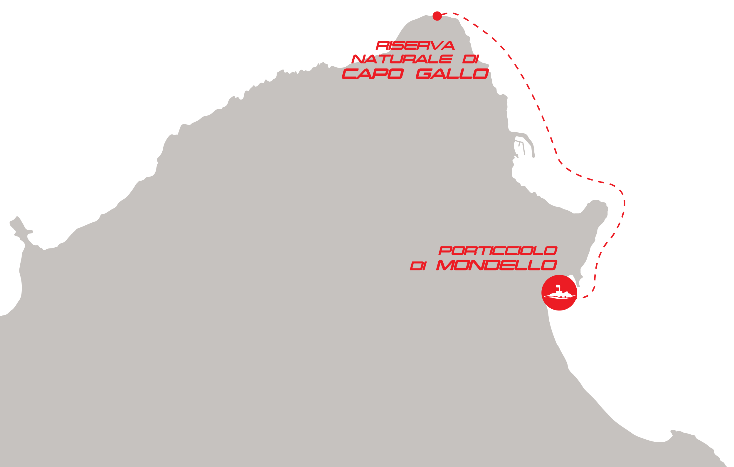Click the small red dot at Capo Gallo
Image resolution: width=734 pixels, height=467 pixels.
click(437, 16)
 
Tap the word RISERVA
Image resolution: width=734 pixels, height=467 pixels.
click(415, 46)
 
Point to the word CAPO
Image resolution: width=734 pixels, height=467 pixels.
click(373, 74)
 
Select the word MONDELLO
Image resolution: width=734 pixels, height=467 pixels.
click(496, 266)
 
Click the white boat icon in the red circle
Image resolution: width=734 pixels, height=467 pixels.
click(559, 293)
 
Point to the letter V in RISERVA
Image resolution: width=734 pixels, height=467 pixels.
click(436, 46)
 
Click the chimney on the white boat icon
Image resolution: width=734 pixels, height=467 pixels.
click(558, 287)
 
